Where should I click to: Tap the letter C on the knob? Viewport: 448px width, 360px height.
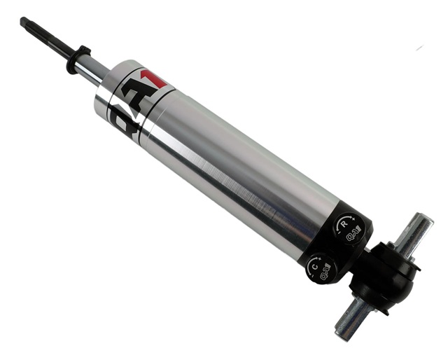[x=316, y=265]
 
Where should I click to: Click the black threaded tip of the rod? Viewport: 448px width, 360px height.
[x=31, y=27]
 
